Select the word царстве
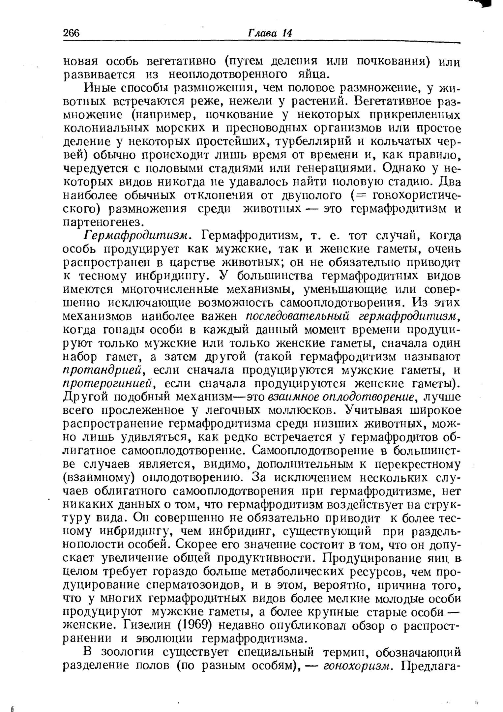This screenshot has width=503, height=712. point(195,263)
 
